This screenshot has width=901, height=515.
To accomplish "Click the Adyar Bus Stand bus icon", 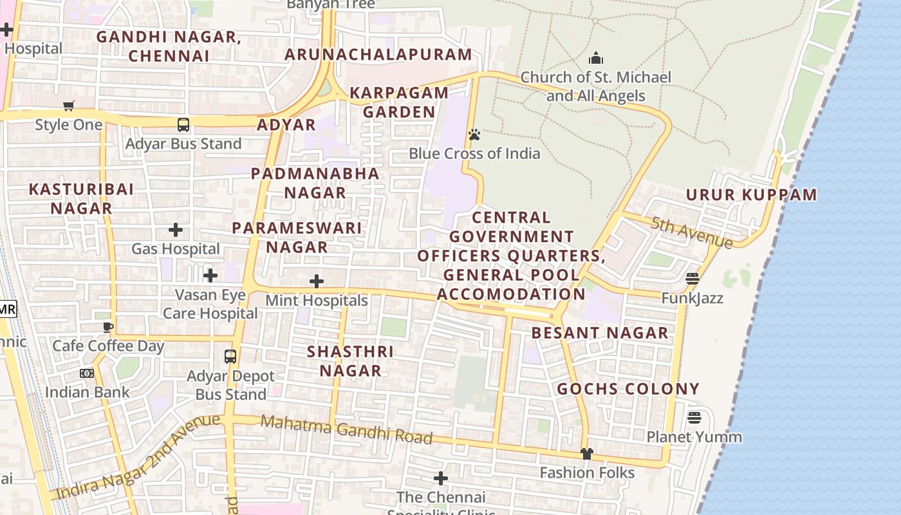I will click(x=183, y=125).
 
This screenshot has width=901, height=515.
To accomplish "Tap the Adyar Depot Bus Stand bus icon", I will click(x=230, y=356).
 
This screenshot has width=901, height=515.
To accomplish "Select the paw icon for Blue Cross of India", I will click(x=474, y=135).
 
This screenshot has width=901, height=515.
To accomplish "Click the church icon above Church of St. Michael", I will click(x=596, y=58).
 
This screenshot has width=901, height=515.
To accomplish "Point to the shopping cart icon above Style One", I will click(x=69, y=106).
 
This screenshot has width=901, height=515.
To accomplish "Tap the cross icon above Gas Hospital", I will click(x=175, y=230).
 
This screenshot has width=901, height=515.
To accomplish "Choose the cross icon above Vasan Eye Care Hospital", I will click(x=210, y=276).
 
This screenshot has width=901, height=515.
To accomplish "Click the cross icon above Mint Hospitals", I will click(x=316, y=281).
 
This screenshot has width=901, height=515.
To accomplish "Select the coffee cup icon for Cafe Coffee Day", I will click(x=108, y=327).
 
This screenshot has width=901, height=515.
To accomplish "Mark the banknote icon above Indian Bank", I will click(x=87, y=373).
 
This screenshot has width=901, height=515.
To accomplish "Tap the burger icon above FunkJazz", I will click(x=692, y=279).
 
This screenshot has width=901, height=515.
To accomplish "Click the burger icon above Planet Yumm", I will click(x=694, y=418).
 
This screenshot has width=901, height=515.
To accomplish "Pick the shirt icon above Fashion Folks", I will click(x=586, y=454).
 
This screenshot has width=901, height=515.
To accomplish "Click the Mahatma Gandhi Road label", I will click(x=347, y=430).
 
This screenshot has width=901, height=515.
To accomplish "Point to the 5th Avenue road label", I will click(x=691, y=232).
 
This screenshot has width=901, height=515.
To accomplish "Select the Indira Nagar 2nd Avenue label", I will click(x=138, y=458).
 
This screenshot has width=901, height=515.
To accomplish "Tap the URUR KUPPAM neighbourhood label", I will click(x=751, y=195).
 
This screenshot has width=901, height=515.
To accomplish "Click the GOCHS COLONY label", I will click(x=627, y=389).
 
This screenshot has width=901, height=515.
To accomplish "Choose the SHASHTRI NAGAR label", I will click(x=350, y=361).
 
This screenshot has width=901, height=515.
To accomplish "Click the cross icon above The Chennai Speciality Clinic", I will click(x=440, y=478).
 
